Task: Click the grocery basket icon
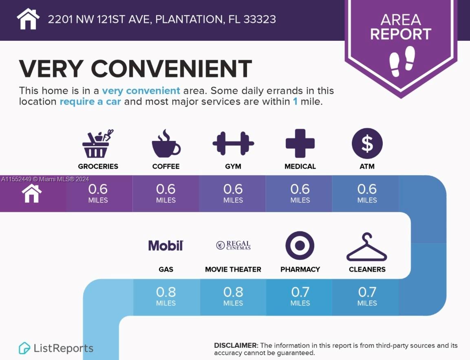[97, 144]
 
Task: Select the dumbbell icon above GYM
[233, 144]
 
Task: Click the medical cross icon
[300, 144]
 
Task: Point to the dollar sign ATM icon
[367, 144]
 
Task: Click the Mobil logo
[165, 245]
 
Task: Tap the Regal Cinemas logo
[233, 245]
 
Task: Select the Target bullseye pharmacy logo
[300, 245]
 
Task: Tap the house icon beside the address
[28, 19]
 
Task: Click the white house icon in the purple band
[32, 193]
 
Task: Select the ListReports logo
[56, 348]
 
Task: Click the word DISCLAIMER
[236, 345]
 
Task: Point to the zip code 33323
[259, 19]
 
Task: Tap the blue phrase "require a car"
[90, 102]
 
